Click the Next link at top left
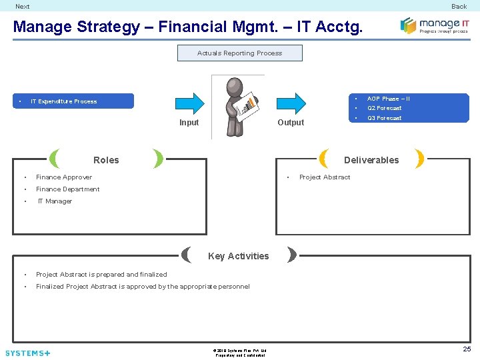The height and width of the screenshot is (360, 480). tap(23, 7)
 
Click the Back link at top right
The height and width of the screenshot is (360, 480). tap(459, 7)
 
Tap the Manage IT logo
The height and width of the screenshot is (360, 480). tap(434, 25)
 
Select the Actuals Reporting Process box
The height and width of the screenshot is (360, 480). tap(239, 53)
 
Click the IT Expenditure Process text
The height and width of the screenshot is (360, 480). tap(63, 101)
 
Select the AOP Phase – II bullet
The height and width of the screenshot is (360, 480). tap(388, 99)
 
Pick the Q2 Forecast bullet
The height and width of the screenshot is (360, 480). tap(384, 108)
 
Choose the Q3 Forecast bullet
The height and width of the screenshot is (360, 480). tap(384, 118)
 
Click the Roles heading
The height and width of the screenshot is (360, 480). tap(106, 160)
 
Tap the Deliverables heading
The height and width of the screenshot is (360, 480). tap(371, 160)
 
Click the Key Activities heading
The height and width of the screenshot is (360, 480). tap(238, 256)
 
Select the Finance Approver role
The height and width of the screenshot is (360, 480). tap(64, 177)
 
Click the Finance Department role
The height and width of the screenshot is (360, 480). tap(67, 189)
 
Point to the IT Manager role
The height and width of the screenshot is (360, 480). tap(55, 201)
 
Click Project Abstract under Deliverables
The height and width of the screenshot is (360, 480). tap(325, 177)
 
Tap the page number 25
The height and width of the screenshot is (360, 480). tap(467, 349)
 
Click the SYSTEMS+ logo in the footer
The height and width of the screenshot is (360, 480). tap(27, 353)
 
